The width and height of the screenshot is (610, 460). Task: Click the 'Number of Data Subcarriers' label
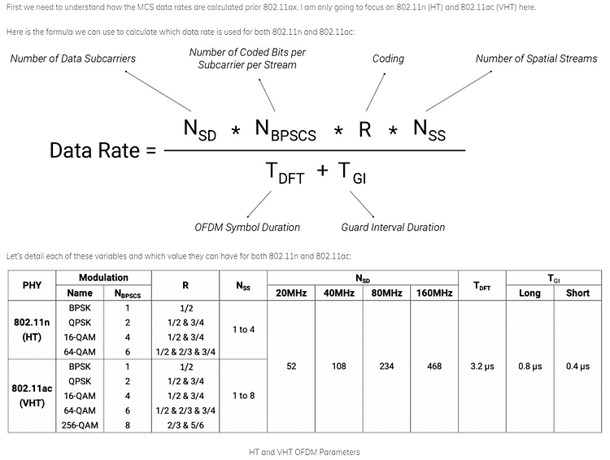coord(73,59)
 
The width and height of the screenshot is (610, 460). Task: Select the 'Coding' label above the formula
coord(389,59)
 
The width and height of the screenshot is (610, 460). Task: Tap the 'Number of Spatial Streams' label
coord(536,59)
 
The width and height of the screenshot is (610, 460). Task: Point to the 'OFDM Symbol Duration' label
coord(247,228)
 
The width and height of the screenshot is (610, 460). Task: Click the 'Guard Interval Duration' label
coord(394,228)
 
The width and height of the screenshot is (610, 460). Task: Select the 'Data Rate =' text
coord(102,150)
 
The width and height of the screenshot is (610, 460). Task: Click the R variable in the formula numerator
coord(365,129)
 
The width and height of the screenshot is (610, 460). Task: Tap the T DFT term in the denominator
coord(285,172)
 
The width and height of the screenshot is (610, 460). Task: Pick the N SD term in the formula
coord(200,129)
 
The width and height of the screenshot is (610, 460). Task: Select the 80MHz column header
coord(386,293)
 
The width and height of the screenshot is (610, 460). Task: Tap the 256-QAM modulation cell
coord(80,424)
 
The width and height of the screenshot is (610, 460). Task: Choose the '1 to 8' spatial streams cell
coord(243,395)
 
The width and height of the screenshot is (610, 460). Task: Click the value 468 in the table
coord(434,367)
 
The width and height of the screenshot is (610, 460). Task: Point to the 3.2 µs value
coord(482,367)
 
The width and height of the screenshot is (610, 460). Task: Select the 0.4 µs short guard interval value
coord(577,367)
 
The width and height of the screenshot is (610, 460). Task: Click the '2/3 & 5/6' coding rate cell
coord(186,424)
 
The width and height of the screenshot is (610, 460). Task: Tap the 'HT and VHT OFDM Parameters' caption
coord(304,451)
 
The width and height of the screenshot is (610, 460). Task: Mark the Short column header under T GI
coord(577,293)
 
